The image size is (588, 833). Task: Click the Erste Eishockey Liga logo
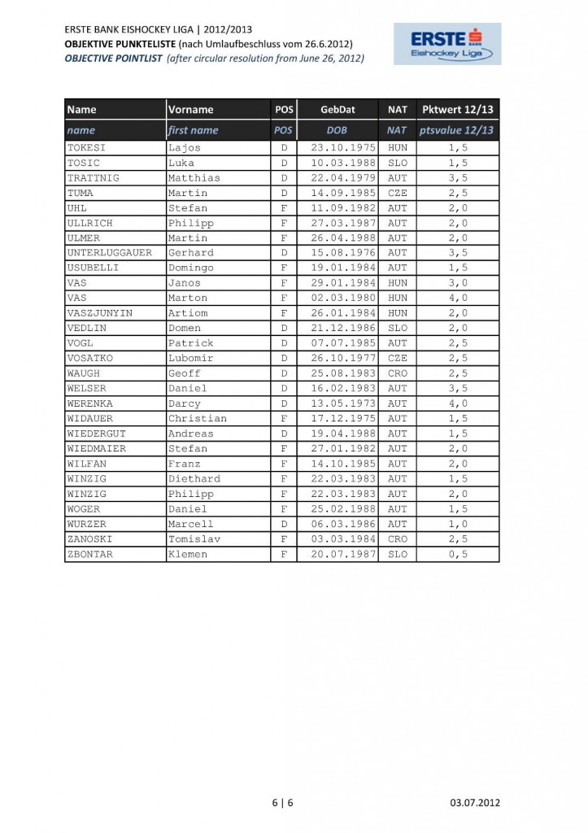tap(447, 44)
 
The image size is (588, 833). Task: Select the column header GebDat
tap(337, 109)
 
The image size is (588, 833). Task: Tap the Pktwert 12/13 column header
tap(457, 109)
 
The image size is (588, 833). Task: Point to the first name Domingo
tap(190, 268)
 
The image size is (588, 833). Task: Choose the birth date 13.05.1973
tap(337, 403)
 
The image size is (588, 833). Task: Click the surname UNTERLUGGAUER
tap(109, 253)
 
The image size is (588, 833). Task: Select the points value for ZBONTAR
tap(457, 554)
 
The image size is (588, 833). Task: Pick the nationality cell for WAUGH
tap(397, 373)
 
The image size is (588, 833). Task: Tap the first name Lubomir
tap(190, 358)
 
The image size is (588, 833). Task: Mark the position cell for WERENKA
tap(284, 403)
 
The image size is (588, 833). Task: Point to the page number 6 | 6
tap(282, 803)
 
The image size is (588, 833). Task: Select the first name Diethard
tap(194, 479)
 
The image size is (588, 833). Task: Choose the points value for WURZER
tap(457, 524)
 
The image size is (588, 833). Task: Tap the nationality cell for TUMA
tap(397, 193)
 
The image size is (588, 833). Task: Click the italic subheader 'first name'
tap(193, 130)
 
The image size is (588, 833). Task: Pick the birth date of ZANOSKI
tap(337, 539)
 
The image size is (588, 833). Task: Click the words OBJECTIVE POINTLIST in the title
tap(113, 59)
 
